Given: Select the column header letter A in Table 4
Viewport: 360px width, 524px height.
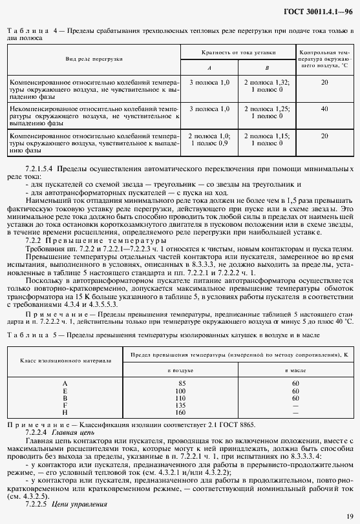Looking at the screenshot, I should click(x=209, y=67).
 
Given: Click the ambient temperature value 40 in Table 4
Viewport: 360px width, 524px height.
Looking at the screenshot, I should click(x=324, y=109).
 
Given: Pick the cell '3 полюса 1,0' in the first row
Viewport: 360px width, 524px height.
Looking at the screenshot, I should click(x=209, y=83).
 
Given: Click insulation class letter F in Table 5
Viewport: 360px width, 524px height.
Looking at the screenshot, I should click(x=65, y=405).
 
